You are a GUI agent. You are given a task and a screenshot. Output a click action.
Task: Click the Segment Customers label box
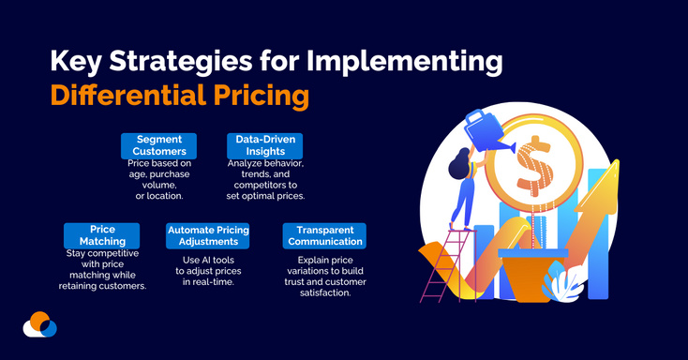[157, 145]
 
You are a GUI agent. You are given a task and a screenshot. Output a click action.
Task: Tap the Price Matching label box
[102, 235]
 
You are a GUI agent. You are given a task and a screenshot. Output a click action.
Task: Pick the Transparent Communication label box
[323, 235]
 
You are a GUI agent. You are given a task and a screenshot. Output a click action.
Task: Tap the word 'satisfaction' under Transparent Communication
[323, 292]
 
